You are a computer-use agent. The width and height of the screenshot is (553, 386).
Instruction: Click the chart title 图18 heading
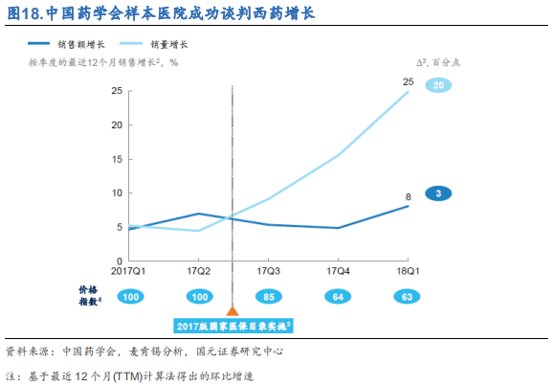point(159,13)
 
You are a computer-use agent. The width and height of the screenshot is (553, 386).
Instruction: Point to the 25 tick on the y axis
point(116,91)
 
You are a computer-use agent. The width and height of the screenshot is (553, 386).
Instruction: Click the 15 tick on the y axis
point(116,159)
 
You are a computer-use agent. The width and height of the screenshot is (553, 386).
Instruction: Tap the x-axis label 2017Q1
point(128,271)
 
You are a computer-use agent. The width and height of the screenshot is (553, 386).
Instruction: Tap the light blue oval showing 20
point(438,86)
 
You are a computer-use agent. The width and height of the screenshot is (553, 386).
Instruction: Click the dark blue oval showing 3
point(438,194)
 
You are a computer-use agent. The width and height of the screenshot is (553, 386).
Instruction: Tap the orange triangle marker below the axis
point(232,310)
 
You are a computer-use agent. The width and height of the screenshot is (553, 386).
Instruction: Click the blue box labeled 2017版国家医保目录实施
point(232,327)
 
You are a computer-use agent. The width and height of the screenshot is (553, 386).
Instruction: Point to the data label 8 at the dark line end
point(409,195)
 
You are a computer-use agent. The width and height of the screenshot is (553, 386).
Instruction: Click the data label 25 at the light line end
point(409,81)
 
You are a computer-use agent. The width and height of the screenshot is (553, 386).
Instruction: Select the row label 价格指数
point(90,295)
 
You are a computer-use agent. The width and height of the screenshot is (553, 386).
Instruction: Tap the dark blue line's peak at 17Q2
point(197,214)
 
